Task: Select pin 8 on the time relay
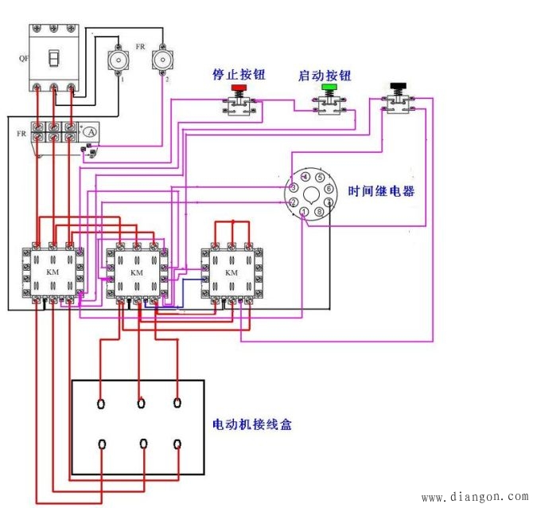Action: coord(319,213)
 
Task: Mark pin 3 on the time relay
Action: coord(294,187)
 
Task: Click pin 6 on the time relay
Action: coord(329,190)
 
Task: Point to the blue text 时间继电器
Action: coord(381,192)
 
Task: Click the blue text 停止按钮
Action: coord(238,74)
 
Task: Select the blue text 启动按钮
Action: coord(325,74)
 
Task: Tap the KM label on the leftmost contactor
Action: coord(51,272)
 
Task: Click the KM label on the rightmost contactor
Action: coord(231,272)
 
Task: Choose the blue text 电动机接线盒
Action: coord(252,424)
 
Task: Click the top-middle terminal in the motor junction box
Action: coord(141,402)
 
